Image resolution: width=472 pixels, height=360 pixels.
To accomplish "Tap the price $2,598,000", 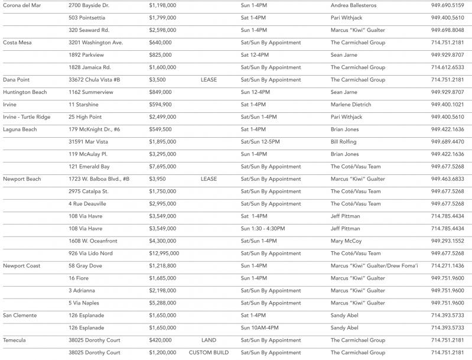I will coord(162,30).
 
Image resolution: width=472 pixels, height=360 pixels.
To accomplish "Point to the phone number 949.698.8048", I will coord(447,30).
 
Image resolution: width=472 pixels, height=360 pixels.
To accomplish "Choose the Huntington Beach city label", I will coord(25,92).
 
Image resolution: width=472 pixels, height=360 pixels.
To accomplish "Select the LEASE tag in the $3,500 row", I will coord(209,80).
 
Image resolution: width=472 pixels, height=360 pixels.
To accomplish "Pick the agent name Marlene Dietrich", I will coord(351,105).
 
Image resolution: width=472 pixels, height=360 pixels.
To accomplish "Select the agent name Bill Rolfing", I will coord(344,142).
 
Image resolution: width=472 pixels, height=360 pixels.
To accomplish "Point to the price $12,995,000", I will coord(164,254).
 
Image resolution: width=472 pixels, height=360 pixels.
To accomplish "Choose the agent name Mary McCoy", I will coord(345,241).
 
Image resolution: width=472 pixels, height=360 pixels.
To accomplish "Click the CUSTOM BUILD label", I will coord(209,353).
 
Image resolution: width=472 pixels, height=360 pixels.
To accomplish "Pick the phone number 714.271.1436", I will coord(447,266).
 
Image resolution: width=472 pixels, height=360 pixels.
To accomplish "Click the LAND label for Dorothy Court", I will coord(209,340).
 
